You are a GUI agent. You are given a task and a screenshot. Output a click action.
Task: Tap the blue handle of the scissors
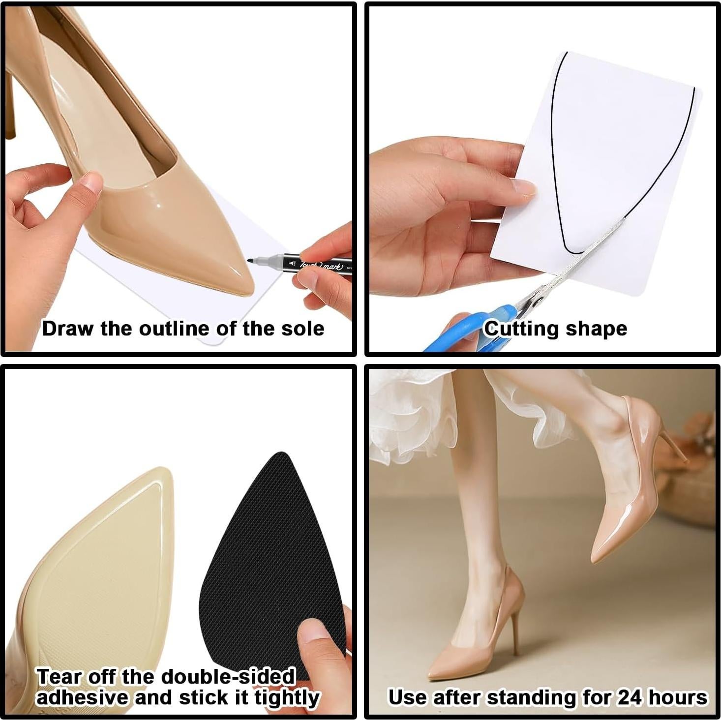pyautogui.click(x=472, y=327)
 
